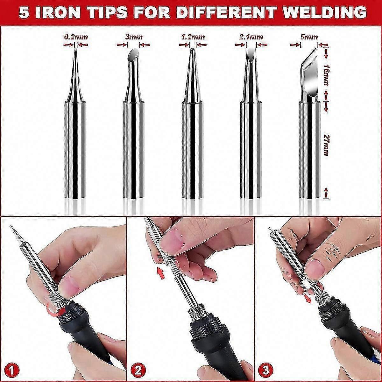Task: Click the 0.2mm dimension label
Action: pyautogui.click(x=76, y=37)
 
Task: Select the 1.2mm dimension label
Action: pyautogui.click(x=193, y=37)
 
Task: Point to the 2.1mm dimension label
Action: pyautogui.click(x=251, y=37)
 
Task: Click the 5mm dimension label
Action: pyautogui.click(x=309, y=37)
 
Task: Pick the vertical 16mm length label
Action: pyautogui.click(x=325, y=74)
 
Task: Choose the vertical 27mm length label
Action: pyautogui.click(x=325, y=145)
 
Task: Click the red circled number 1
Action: pyautogui.click(x=13, y=370)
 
